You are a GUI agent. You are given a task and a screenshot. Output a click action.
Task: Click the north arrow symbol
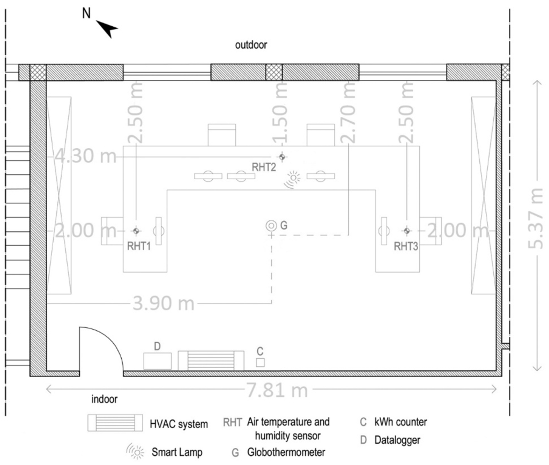pos(107,28)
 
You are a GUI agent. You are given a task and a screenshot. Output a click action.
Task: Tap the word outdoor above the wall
pos(251,45)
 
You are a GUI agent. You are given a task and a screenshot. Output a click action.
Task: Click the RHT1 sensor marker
pos(136,231)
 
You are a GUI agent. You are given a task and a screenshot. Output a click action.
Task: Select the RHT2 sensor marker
pos(282,157)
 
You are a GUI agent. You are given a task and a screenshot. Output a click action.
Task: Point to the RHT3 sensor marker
pos(406,231)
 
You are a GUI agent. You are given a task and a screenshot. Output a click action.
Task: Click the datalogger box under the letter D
pos(158,360)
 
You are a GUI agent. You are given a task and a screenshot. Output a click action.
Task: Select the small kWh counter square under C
pos(260,363)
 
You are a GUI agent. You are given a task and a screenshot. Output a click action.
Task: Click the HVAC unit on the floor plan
pos(211,360)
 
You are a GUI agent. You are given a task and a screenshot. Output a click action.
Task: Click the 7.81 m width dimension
pos(277,390)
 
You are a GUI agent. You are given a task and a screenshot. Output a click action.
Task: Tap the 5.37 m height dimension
pos(536,218)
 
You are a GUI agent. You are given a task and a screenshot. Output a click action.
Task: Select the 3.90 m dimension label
pos(164,303)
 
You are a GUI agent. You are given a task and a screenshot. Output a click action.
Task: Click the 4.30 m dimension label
pos(86,156)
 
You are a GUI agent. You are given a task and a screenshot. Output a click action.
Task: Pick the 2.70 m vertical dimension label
pos(348,113)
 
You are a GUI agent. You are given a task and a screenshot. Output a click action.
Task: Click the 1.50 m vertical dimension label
pos(280,113)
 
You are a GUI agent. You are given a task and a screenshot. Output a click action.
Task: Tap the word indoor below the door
pos(105,399)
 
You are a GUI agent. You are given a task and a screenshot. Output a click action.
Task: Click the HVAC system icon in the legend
pos(116,423)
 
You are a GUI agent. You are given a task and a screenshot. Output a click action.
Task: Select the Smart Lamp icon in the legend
pos(135,451)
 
